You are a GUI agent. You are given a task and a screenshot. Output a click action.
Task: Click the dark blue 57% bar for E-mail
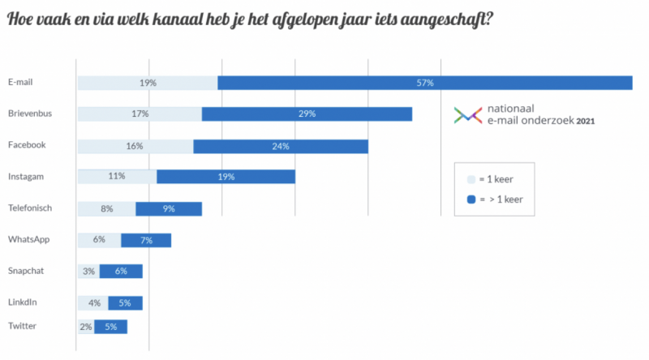tap(425, 83)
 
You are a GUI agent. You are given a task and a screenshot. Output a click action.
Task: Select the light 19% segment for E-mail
tap(147, 83)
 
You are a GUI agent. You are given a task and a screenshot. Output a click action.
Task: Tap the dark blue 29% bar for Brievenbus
tap(307, 114)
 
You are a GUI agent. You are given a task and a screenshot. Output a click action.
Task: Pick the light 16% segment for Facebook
tap(135, 146)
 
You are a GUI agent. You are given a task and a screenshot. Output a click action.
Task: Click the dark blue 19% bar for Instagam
tap(226, 177)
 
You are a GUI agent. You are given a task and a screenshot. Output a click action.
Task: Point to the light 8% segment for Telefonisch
tap(106, 208)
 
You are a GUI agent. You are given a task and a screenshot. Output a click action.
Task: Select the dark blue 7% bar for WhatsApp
tap(146, 240)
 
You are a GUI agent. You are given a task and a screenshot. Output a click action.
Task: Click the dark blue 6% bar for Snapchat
tap(121, 271)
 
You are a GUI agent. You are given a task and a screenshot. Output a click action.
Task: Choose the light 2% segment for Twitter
tap(85, 327)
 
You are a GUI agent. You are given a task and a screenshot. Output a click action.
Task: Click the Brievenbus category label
tap(30, 114)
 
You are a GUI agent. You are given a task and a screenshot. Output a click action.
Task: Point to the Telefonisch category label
tap(30, 208)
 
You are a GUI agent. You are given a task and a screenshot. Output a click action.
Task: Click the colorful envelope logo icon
tap(467, 115)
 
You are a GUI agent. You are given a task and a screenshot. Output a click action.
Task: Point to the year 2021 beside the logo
tap(587, 122)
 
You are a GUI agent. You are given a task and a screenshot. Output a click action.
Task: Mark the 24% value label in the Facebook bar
tap(281, 146)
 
